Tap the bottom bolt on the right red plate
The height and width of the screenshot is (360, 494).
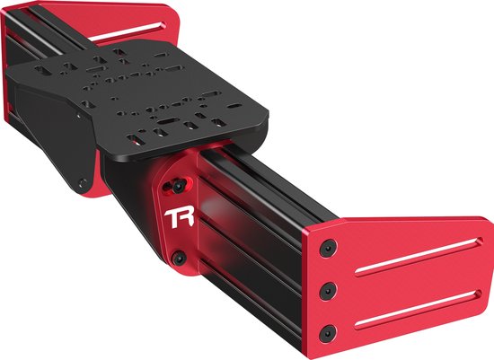(x=332, y=329)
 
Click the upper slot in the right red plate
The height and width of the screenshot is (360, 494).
(x=423, y=258)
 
